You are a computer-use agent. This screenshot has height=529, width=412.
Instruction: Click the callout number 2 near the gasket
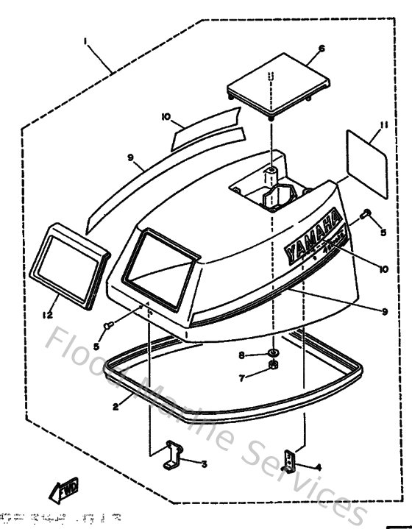pos(117,403)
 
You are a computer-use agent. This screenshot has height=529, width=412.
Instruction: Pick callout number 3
pos(205,464)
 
